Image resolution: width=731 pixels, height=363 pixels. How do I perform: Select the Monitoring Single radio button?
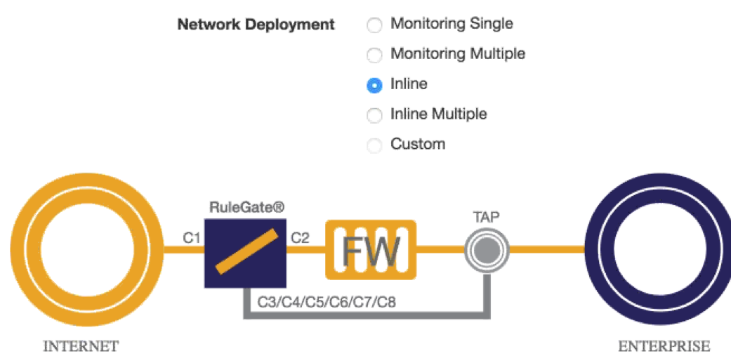(375, 25)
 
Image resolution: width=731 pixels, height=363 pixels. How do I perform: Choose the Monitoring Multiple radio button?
(375, 55)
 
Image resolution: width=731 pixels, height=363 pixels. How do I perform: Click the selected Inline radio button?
(375, 85)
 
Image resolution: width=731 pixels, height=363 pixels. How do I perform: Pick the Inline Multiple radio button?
(375, 115)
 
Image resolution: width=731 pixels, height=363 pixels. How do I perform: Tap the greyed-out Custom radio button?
(375, 145)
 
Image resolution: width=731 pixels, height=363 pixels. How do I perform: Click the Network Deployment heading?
(256, 25)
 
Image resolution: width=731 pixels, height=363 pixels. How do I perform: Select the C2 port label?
(300, 238)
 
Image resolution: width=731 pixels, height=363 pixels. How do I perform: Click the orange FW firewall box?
(371, 249)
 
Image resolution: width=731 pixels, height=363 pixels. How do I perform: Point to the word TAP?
(486, 217)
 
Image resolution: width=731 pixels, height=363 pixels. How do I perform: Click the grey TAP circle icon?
(486, 249)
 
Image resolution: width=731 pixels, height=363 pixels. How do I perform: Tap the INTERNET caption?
(81, 346)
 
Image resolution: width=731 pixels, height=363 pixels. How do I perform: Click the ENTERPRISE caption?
(664, 346)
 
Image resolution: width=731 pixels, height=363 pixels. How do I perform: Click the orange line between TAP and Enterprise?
(545, 249)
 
